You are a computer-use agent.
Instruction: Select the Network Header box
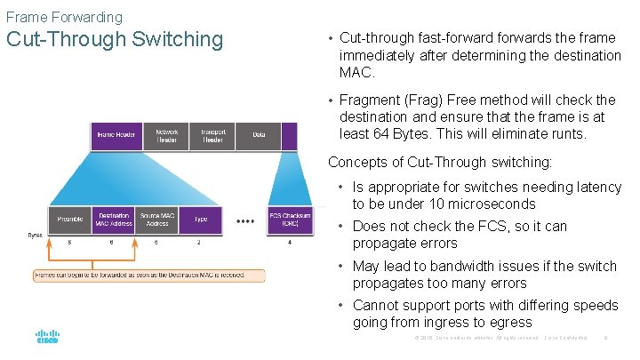[167, 135]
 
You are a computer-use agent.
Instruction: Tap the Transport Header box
[212, 135]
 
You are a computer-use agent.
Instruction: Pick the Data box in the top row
[259, 135]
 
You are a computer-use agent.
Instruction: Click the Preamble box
[70, 220]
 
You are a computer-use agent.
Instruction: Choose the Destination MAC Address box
[114, 220]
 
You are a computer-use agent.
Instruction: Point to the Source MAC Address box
[156, 220]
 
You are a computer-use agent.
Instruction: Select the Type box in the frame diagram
[200, 220]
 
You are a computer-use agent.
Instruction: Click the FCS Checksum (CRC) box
[290, 220]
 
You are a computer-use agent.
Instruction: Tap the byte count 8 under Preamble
[70, 243]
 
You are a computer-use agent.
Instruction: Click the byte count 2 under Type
[199, 243]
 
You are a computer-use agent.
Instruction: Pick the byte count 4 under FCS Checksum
[290, 243]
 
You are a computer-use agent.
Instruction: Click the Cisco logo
[47, 338]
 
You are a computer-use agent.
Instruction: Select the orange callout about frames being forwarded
[148, 276]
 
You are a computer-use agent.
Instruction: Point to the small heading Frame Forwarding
[64, 17]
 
